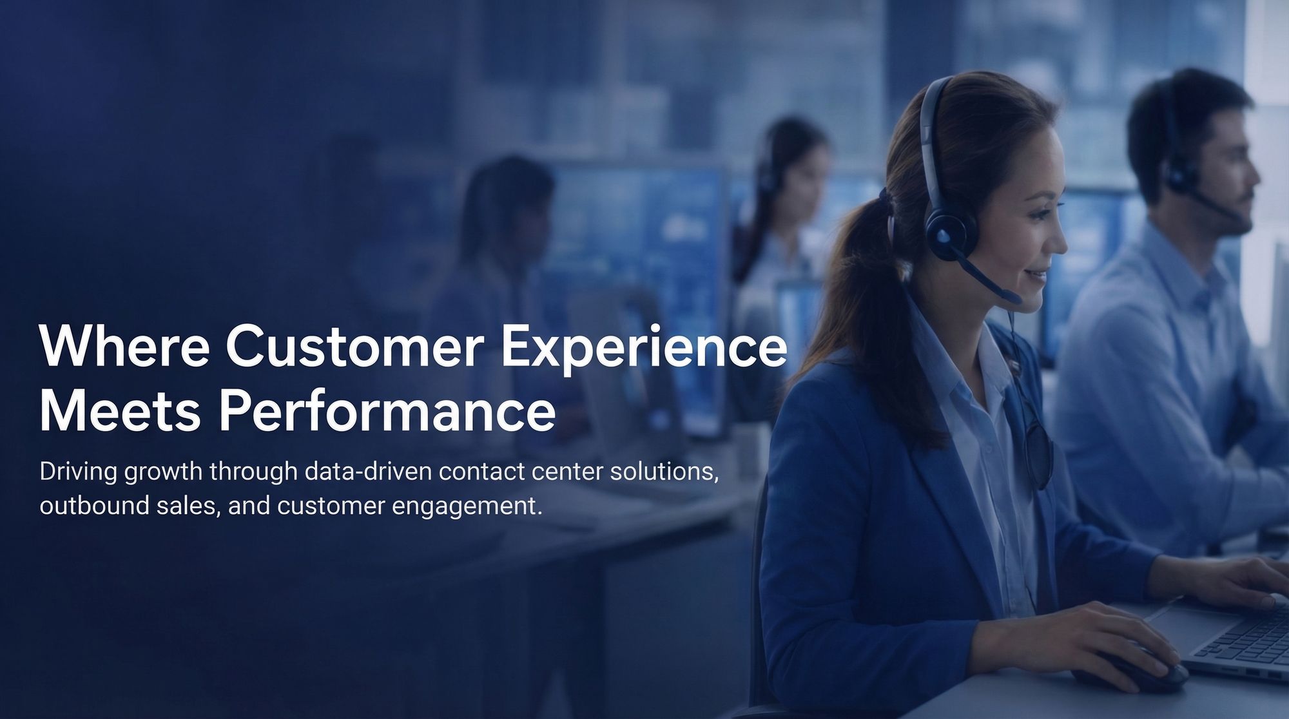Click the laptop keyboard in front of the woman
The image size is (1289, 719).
coord(1244,644)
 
